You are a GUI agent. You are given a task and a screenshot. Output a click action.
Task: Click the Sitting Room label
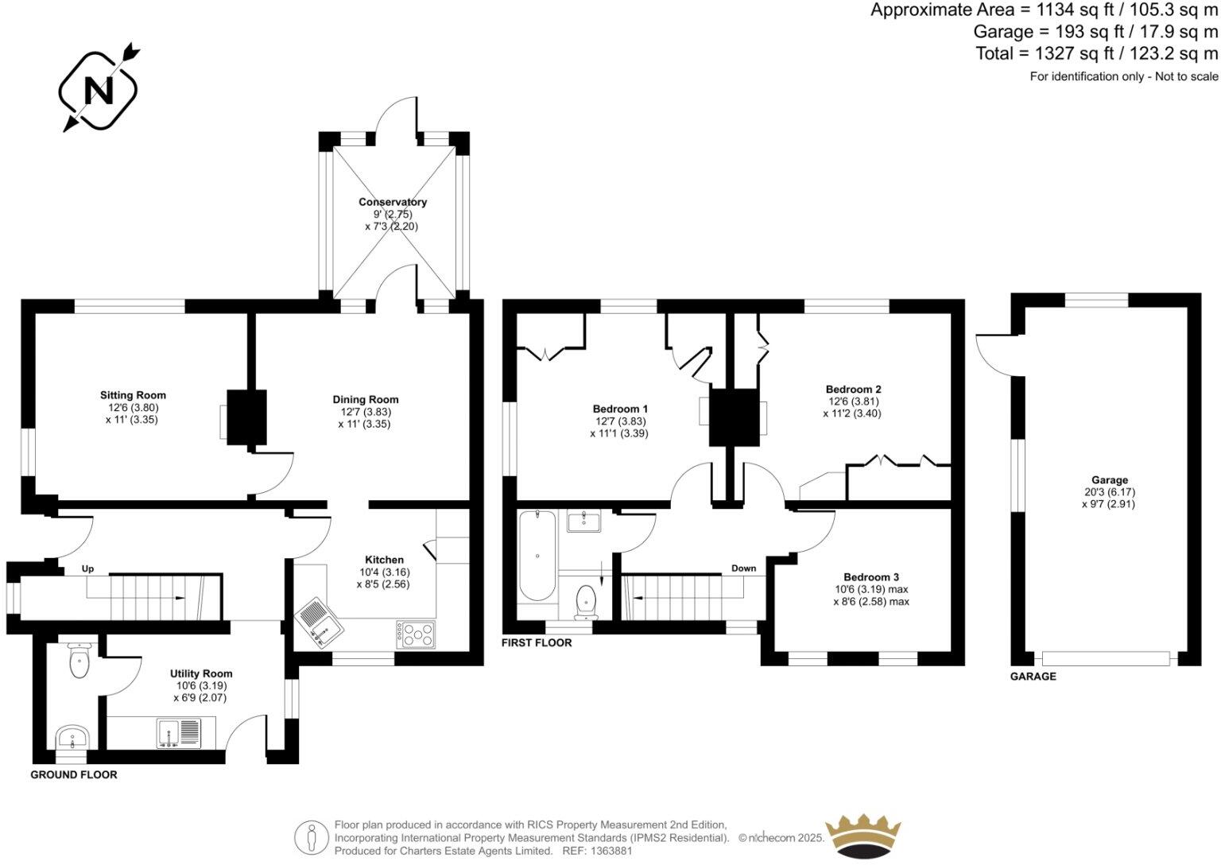(133, 395)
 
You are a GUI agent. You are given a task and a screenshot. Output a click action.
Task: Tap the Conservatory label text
(392, 202)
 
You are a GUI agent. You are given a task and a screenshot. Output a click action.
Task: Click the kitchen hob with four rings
(417, 634)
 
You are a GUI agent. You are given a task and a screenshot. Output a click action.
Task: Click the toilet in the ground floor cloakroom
(79, 661)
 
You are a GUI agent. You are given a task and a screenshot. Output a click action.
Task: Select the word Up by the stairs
(88, 569)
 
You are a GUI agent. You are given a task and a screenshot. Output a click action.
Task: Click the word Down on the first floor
(743, 568)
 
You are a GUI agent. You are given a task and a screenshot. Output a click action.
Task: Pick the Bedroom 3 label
(871, 577)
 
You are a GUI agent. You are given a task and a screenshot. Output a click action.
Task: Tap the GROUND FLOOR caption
(74, 774)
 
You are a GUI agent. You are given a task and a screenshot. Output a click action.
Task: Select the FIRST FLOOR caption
(537, 642)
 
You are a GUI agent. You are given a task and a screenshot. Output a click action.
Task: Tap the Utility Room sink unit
(180, 733)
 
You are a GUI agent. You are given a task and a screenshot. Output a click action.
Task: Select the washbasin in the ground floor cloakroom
(74, 736)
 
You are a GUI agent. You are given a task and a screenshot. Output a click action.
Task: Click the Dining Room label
(366, 400)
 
